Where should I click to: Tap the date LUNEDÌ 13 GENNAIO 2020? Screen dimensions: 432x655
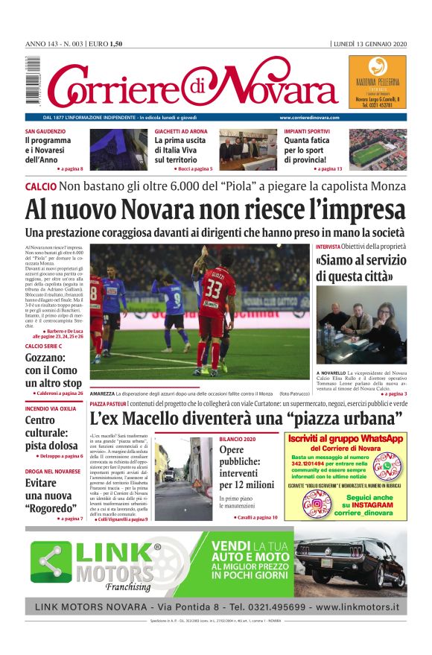[370, 43]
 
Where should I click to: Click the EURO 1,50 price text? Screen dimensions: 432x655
[105, 43]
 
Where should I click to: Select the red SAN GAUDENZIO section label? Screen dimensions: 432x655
[45, 131]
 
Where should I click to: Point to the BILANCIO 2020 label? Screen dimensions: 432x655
[237, 439]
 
